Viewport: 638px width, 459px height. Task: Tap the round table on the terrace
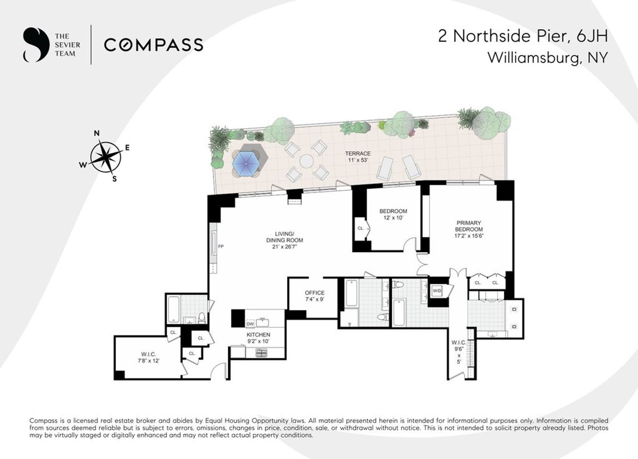click(307, 161)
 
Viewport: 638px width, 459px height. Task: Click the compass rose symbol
click(105, 157)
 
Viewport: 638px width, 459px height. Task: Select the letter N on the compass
click(97, 133)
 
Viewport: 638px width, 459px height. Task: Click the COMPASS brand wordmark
click(154, 45)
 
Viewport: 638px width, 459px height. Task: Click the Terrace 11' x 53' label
click(358, 157)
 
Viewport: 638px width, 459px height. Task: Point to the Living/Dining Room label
click(284, 240)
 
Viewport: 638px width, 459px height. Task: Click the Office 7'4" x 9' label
click(314, 296)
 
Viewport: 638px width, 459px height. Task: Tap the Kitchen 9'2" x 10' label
click(258, 338)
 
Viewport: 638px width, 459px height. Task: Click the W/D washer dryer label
click(437, 291)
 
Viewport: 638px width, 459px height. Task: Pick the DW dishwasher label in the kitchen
click(250, 324)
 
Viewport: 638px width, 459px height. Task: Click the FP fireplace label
click(221, 246)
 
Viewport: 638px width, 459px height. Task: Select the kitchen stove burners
click(262, 353)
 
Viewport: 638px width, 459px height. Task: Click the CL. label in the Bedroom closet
click(360, 228)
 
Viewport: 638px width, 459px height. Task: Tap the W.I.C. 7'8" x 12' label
click(148, 357)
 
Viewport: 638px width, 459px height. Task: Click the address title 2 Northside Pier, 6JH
click(523, 36)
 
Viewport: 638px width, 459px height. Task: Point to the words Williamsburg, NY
click(548, 57)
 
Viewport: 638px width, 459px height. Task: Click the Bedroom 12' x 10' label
click(393, 214)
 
